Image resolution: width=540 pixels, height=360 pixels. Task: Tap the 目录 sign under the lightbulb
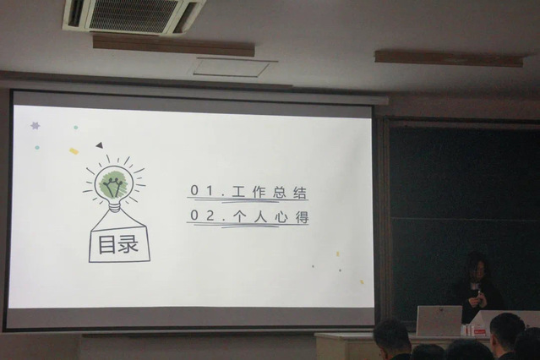(x=119, y=244)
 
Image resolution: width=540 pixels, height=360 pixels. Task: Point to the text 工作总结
(x=270, y=192)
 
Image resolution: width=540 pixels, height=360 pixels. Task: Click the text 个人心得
(x=270, y=217)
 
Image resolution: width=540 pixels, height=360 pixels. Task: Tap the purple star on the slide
(x=35, y=125)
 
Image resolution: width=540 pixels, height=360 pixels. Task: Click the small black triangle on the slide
(x=100, y=145)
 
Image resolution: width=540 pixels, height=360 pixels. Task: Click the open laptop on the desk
(x=439, y=320)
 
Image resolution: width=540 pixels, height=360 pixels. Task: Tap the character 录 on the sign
(x=128, y=244)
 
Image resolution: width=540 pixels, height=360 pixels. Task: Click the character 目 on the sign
(x=106, y=244)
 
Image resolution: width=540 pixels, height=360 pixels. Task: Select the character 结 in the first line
(x=300, y=192)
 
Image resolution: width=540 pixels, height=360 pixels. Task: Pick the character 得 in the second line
(x=302, y=217)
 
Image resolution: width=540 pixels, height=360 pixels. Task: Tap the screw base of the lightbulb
(x=115, y=206)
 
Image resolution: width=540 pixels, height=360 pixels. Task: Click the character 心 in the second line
(x=282, y=217)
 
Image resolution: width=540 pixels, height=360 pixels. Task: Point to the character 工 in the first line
(x=238, y=192)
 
